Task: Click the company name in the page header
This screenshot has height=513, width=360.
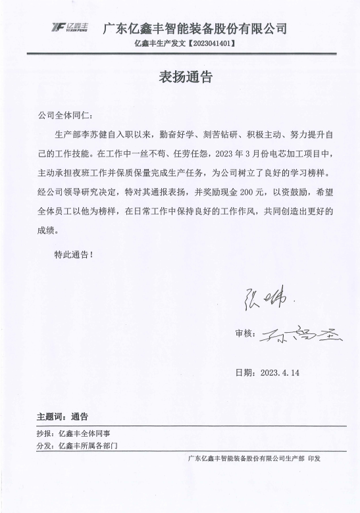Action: coord(195,28)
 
